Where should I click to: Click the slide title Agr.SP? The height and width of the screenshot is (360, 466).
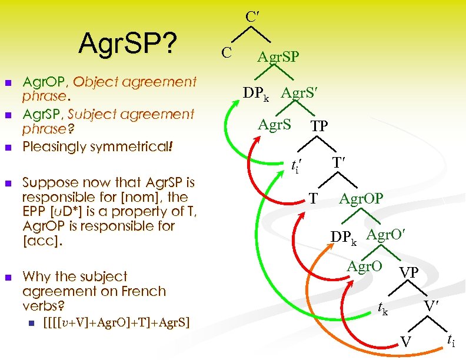click(x=128, y=43)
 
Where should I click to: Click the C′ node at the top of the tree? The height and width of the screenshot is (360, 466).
click(x=252, y=17)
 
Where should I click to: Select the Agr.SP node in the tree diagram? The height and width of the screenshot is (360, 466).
click(x=278, y=57)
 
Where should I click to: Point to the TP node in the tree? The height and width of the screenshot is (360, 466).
click(x=319, y=126)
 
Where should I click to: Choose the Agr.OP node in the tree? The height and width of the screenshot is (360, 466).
click(x=361, y=199)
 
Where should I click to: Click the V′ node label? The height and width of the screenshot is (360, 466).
click(x=432, y=306)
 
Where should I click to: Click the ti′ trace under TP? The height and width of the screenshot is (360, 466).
click(x=297, y=167)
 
